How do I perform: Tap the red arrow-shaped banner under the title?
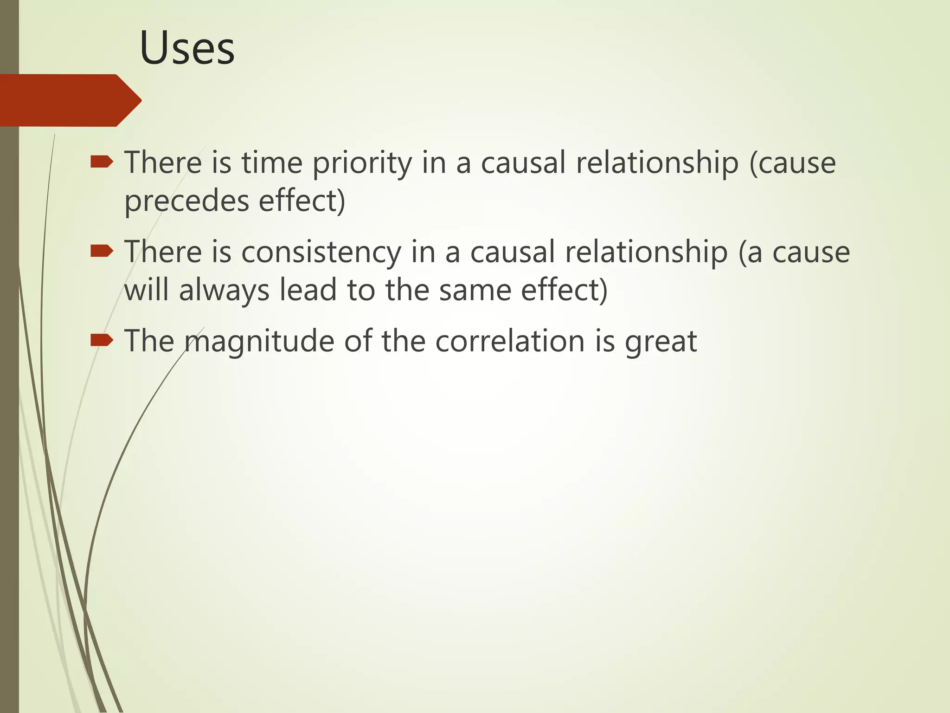pyautogui.click(x=70, y=100)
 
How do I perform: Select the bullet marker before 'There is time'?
pyautogui.click(x=102, y=162)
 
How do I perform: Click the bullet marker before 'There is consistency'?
pyautogui.click(x=102, y=251)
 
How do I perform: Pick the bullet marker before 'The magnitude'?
pyautogui.click(x=102, y=341)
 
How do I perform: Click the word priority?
pyautogui.click(x=362, y=163)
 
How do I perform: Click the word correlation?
pyautogui.click(x=510, y=341)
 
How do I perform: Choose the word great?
pyautogui.click(x=661, y=342)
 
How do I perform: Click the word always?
pyautogui.click(x=224, y=291)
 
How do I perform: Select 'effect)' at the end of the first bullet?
pyautogui.click(x=302, y=201)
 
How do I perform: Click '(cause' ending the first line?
pyautogui.click(x=792, y=163)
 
